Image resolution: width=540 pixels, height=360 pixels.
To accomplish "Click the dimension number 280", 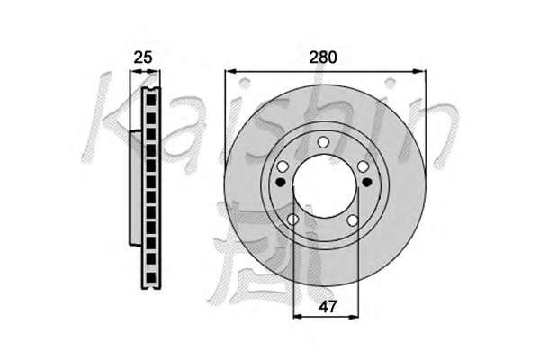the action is click(x=323, y=58).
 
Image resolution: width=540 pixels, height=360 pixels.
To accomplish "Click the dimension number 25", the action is click(x=142, y=58).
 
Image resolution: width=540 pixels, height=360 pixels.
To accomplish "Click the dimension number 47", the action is click(x=328, y=306).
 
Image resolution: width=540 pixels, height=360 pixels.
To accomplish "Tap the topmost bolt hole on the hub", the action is click(x=323, y=141).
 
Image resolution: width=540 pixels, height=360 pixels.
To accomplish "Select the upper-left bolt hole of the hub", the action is click(x=283, y=166).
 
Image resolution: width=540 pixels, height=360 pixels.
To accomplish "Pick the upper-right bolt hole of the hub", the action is click(x=363, y=166).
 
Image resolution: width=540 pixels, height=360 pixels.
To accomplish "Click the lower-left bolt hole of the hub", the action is click(x=293, y=220).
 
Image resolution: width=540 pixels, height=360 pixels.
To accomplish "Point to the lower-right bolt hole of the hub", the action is click(x=353, y=220).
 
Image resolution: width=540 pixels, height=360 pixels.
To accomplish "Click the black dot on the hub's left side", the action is click(x=281, y=182).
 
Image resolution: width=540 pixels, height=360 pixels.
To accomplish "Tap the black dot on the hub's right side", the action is click(x=367, y=182).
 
